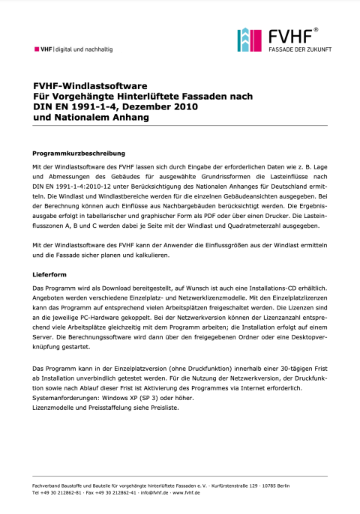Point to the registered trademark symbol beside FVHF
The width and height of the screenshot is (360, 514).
pos(316,30)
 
